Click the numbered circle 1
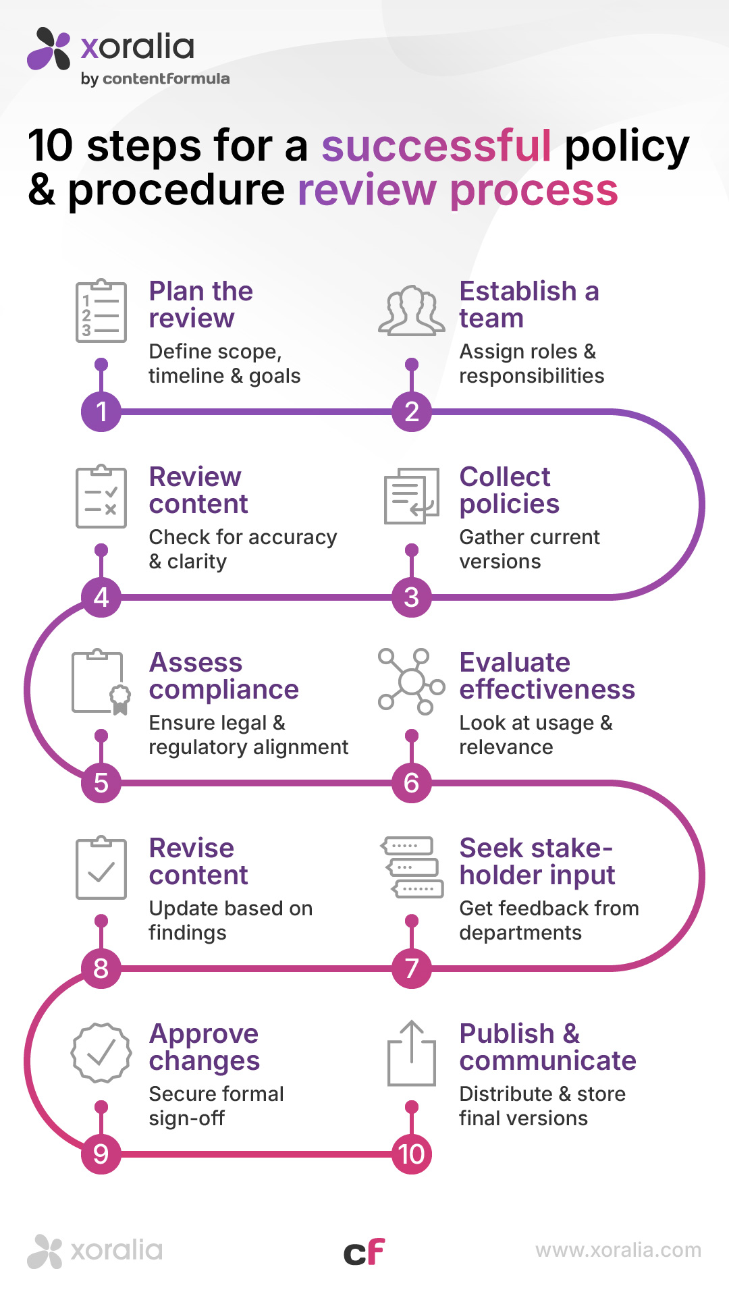[101, 411]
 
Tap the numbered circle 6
[412, 782]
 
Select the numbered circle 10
[412, 1154]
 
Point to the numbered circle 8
[101, 968]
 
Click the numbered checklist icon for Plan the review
[101, 311]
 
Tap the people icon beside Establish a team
[411, 311]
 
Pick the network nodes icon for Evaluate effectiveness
[411, 681]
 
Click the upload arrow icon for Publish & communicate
[411, 1053]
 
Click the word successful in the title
[436, 146]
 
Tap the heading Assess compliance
[223, 676]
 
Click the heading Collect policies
[509, 490]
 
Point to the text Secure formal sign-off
[216, 1106]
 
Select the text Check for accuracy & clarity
[242, 549]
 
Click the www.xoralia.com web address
[618, 1250]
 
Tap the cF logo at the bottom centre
[364, 1253]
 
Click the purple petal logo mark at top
[49, 49]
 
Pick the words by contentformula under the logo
[155, 78]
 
